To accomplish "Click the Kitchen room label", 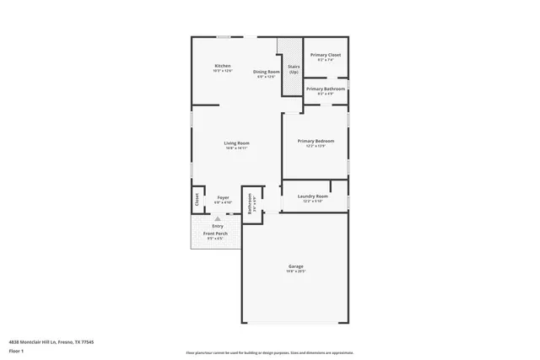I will (x=223, y=66).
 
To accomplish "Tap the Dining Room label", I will (x=267, y=72).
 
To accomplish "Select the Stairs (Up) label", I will (x=294, y=69).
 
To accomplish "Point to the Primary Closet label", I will (x=325, y=55).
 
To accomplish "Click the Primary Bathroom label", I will (x=325, y=89).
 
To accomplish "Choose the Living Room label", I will (x=236, y=142).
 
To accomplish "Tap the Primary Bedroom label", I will (x=316, y=141).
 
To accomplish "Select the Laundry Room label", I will (x=314, y=196).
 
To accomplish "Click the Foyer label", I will (x=223, y=198).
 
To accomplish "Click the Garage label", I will (x=294, y=266).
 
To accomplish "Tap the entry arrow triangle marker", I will (x=217, y=218).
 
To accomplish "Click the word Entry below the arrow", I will (x=218, y=226).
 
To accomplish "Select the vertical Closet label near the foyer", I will (x=197, y=200).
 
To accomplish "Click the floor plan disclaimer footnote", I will (x=269, y=352).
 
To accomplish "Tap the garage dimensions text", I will (x=294, y=271).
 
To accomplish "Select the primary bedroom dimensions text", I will (x=316, y=147).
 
